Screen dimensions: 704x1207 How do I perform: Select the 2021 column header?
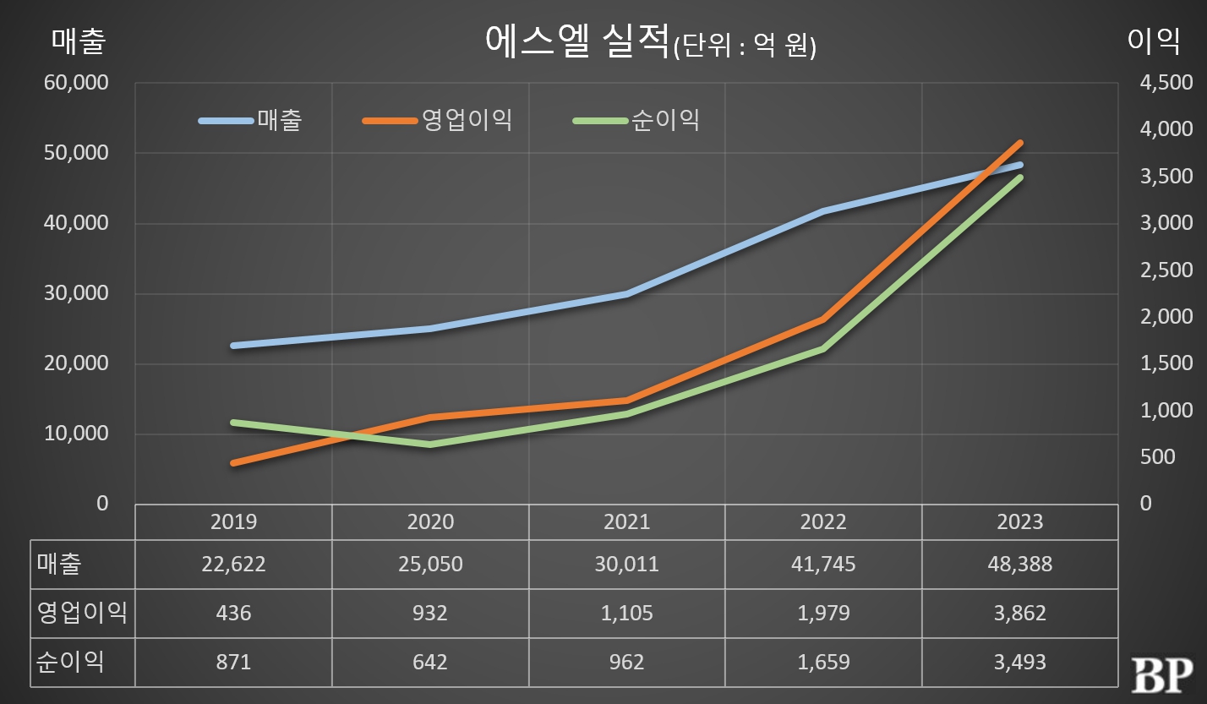(626, 521)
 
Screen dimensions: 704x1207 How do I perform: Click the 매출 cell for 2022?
(823, 564)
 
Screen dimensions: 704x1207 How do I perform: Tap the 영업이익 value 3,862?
(1019, 613)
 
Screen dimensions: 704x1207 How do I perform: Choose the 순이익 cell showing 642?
(430, 662)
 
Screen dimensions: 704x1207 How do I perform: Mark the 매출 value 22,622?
(233, 564)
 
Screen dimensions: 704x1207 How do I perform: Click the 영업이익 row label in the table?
(82, 613)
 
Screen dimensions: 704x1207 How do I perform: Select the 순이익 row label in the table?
(70, 662)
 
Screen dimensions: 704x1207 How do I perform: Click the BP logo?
(1161, 674)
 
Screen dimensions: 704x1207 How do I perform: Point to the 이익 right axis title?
(1154, 41)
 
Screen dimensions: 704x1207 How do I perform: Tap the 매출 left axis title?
(79, 41)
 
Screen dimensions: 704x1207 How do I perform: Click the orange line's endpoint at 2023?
(1019, 143)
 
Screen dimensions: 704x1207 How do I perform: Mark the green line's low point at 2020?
(430, 444)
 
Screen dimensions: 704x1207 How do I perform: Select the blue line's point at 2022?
(823, 211)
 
